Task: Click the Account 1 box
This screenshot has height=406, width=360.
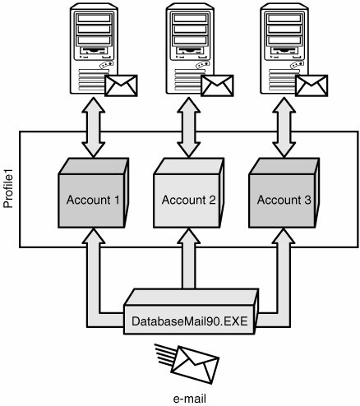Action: (93, 193)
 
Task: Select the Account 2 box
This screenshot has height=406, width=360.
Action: (188, 193)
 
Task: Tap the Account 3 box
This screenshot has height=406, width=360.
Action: (284, 193)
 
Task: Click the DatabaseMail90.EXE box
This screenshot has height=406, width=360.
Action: (191, 311)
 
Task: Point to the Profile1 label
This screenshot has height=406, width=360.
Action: (8, 190)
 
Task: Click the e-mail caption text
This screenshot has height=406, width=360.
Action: (190, 399)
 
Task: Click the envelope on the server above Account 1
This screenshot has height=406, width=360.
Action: (121, 85)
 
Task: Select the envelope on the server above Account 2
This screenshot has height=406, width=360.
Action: (217, 85)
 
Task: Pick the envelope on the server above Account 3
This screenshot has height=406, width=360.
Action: (312, 85)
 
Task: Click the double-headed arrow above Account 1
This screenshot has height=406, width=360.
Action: (94, 127)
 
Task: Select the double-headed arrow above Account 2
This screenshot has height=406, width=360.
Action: (188, 127)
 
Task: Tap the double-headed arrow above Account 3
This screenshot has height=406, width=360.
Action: (284, 127)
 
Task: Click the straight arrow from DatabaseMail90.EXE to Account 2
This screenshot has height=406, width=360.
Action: (188, 258)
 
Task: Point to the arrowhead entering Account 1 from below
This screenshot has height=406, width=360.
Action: (94, 236)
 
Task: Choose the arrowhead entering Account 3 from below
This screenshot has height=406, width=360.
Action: (284, 236)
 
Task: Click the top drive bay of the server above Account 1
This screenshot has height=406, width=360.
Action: (94, 18)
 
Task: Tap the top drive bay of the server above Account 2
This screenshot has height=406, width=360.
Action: (190, 18)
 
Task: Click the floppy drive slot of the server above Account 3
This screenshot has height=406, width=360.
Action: (284, 51)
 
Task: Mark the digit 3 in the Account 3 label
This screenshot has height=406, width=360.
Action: (307, 200)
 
